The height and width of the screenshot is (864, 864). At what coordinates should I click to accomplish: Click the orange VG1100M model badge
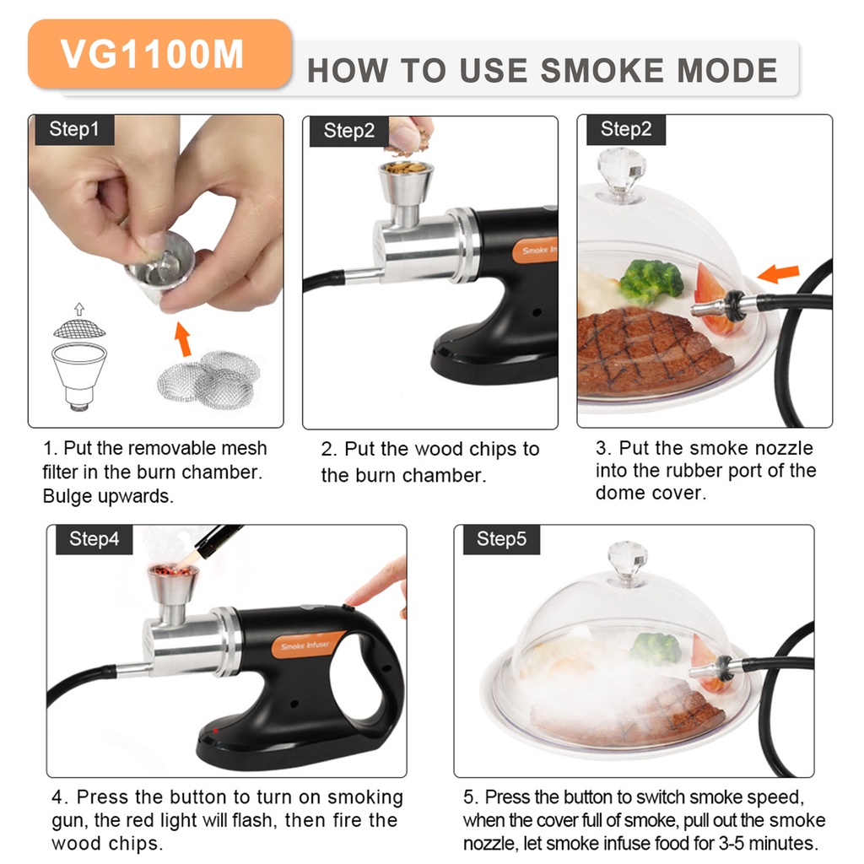click(x=159, y=54)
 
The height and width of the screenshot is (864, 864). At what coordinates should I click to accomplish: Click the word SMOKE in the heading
click(x=602, y=71)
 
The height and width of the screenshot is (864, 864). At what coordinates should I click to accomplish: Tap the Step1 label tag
click(x=74, y=129)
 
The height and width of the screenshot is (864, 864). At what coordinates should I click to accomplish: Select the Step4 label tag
click(x=94, y=539)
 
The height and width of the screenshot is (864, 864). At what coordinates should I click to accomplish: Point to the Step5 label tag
click(x=501, y=539)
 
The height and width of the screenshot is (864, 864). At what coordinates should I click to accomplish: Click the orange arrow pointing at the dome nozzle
click(x=778, y=273)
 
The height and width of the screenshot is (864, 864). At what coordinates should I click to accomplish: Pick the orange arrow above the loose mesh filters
click(x=183, y=339)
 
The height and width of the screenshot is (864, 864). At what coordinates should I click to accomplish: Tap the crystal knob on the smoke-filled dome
click(x=627, y=561)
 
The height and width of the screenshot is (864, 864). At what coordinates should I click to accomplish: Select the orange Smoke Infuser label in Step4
click(x=305, y=645)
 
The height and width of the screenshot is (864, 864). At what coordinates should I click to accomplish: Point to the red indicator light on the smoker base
click(x=215, y=731)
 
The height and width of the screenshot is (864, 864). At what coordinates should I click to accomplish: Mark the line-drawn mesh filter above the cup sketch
click(x=79, y=329)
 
